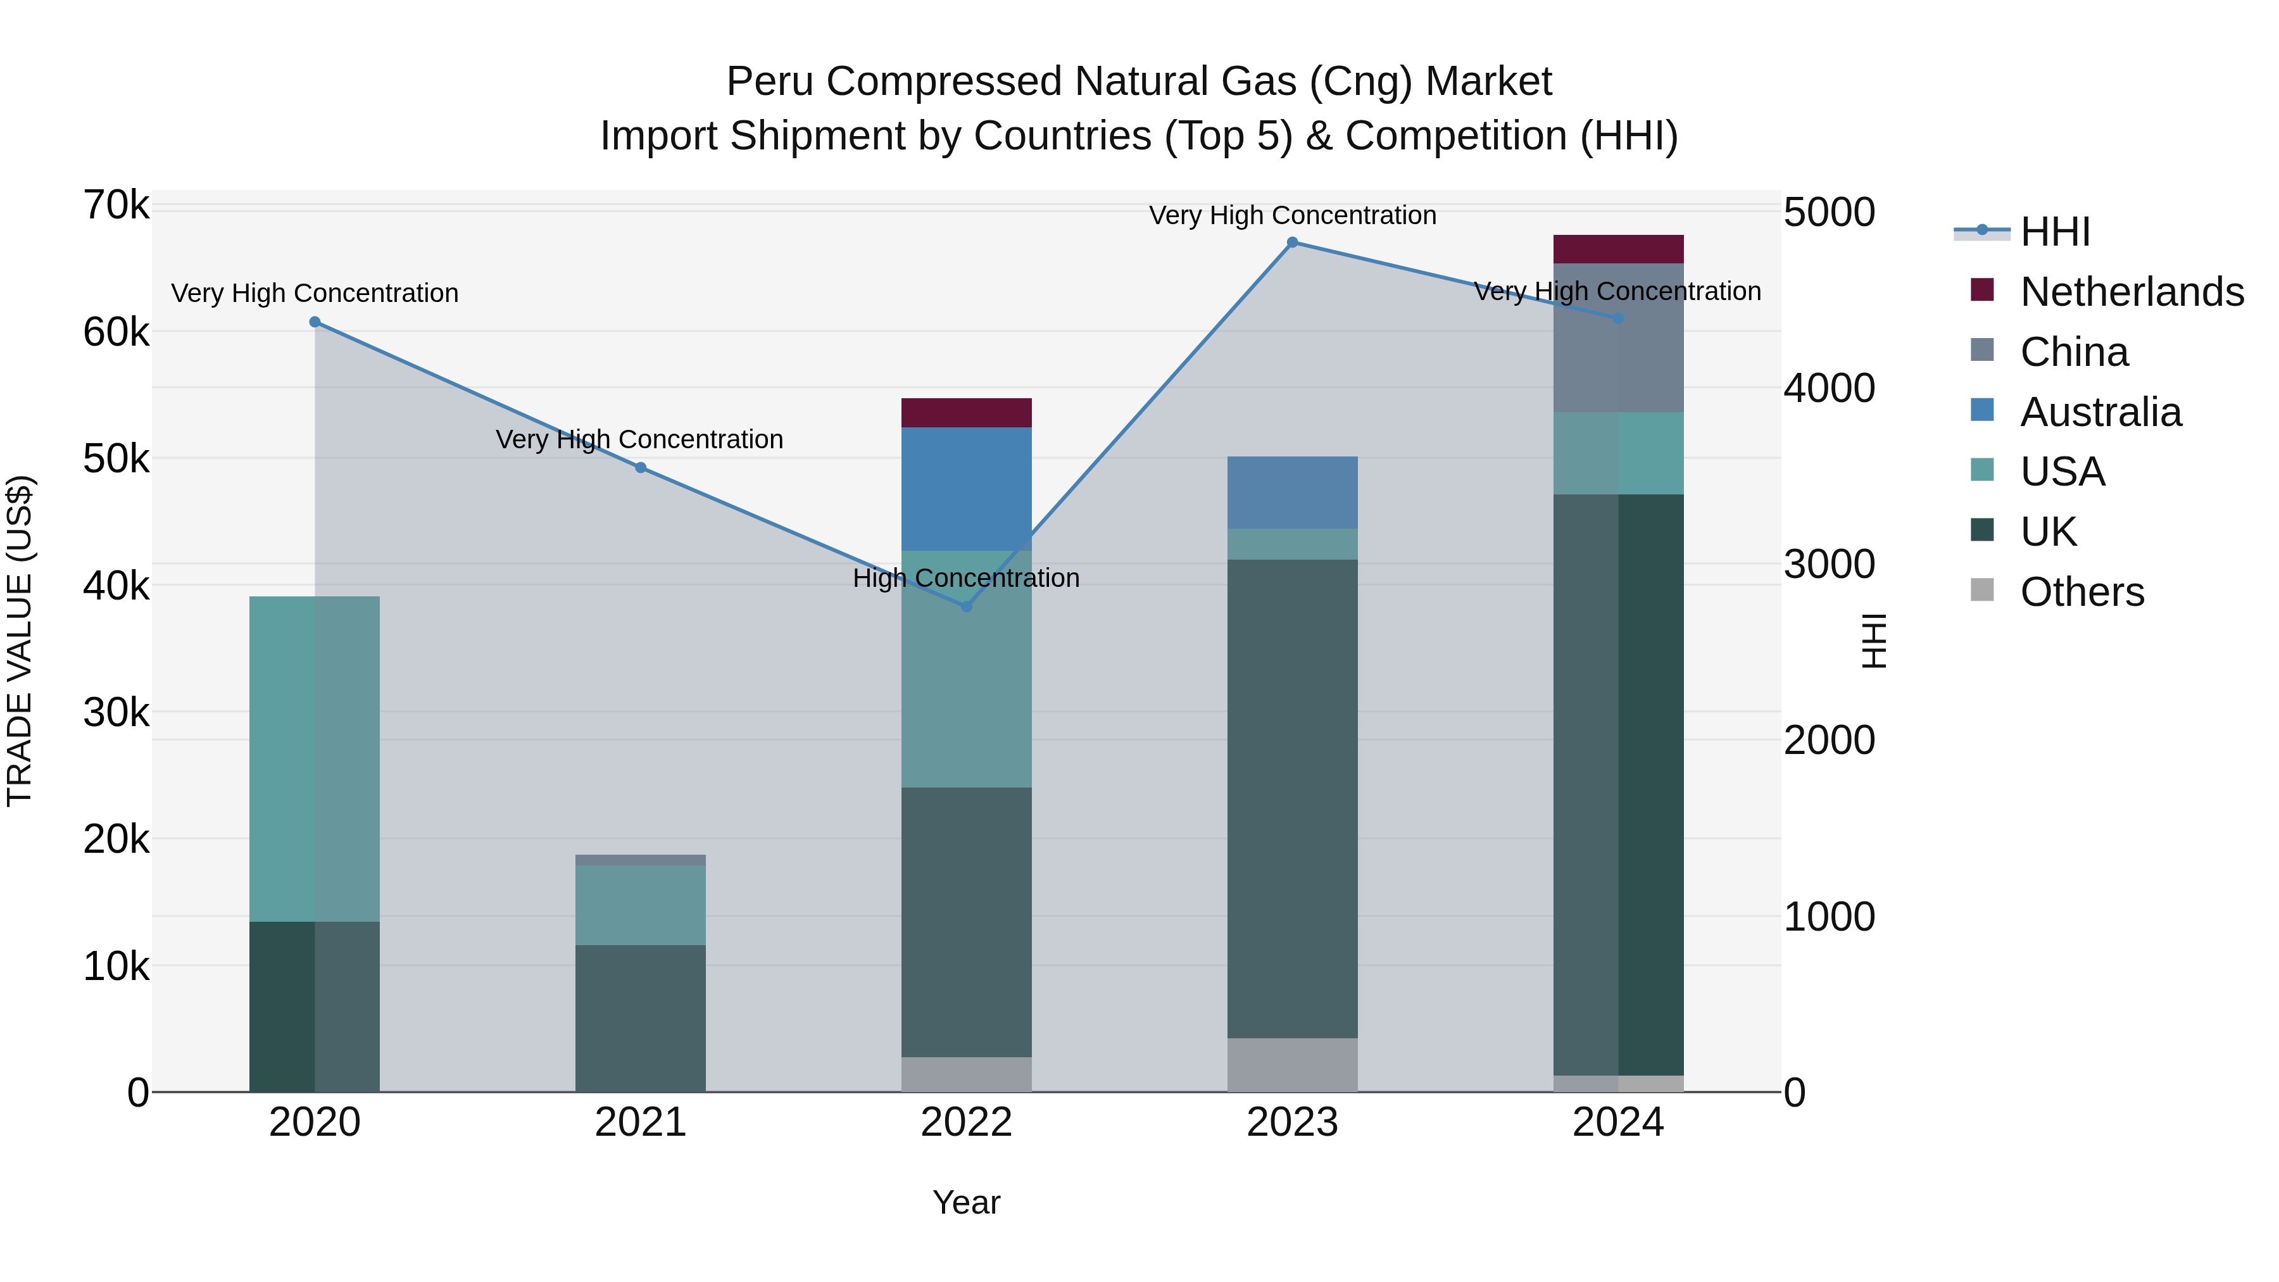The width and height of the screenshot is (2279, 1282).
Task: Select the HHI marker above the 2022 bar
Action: (966, 607)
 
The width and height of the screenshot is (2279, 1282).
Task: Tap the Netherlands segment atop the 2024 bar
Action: (1618, 249)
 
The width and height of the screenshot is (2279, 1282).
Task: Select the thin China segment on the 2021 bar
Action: (641, 860)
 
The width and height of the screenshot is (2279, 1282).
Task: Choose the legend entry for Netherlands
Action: (2130, 292)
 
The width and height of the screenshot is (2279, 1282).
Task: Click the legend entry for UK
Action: (2047, 532)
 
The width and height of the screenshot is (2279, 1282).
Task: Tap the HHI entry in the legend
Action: (2054, 232)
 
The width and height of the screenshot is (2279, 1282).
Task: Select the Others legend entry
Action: (2081, 592)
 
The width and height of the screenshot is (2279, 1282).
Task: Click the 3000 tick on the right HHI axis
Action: (1829, 565)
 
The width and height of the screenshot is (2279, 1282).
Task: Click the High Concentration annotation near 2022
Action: (966, 579)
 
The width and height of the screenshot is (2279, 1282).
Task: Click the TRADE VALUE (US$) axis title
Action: (20, 641)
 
